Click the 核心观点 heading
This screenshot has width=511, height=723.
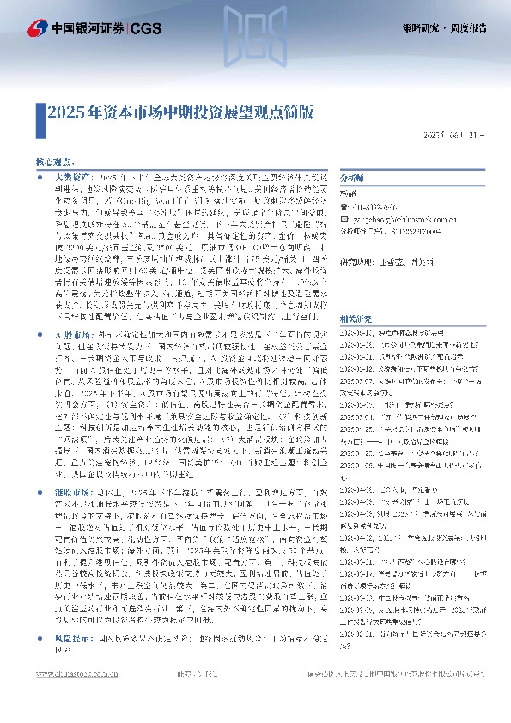(x=55, y=161)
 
